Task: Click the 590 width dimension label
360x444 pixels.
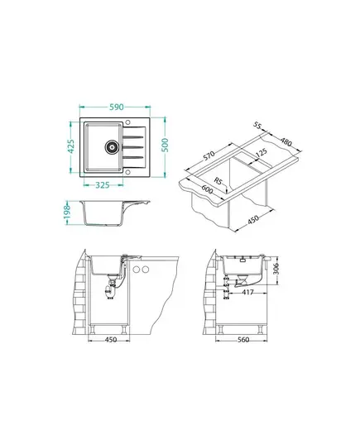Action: pos(117,107)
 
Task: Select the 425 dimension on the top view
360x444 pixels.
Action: pos(71,146)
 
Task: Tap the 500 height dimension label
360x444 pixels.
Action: pos(165,145)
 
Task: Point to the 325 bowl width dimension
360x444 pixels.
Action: pos(102,185)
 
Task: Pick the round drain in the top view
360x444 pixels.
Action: pos(112,146)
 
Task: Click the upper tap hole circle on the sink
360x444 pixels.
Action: pos(127,122)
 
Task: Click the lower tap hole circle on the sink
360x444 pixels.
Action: pos(127,172)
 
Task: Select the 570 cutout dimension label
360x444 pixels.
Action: pos(209,155)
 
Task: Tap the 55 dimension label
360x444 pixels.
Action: pos(257,126)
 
